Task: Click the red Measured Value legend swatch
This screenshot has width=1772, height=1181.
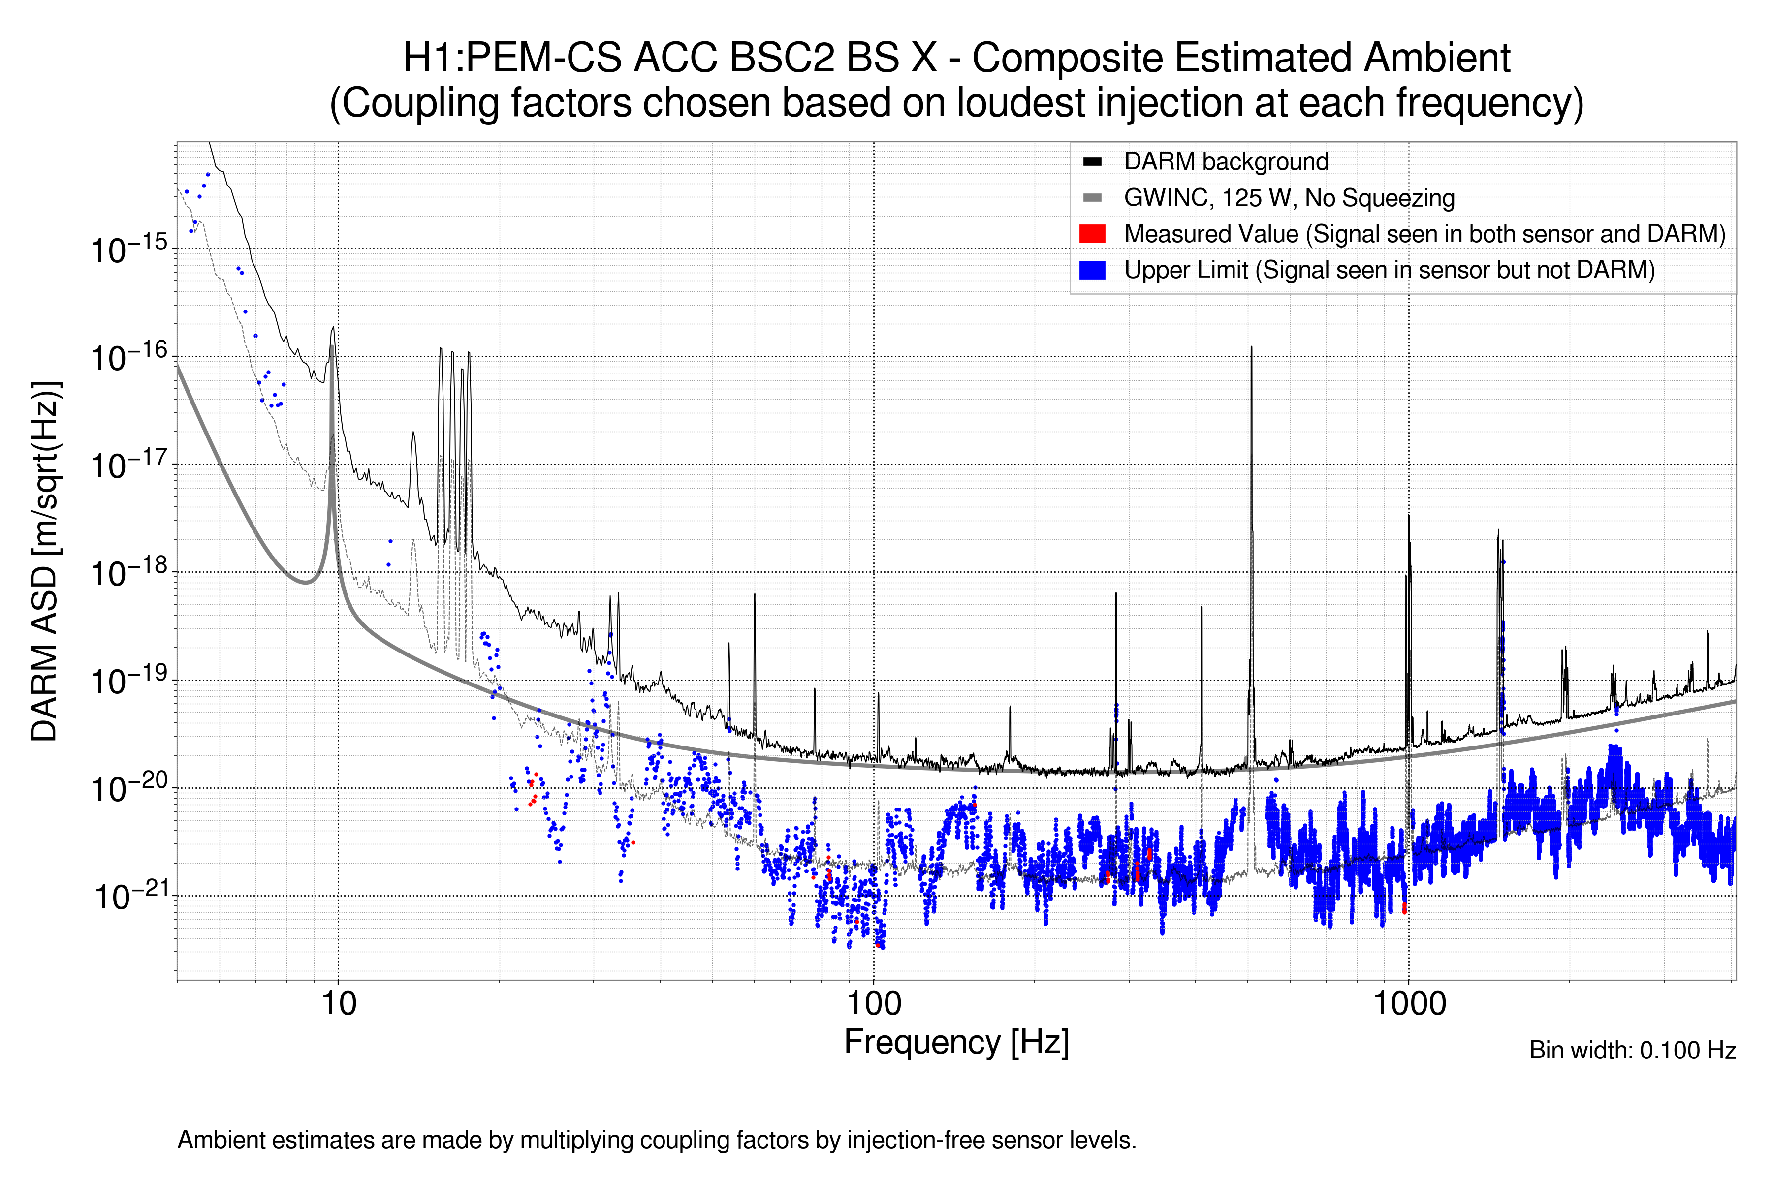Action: (1092, 233)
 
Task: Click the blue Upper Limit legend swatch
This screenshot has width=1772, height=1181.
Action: (1092, 270)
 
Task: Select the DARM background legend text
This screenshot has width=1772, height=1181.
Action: (1226, 161)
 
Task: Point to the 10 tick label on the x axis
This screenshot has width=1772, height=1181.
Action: (338, 1003)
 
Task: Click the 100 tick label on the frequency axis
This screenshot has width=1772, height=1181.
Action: (874, 1003)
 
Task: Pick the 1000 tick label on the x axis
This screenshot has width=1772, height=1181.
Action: (1409, 1003)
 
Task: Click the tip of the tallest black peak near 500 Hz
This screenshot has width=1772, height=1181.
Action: (1251, 347)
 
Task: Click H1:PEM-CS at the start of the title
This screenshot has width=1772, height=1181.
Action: (512, 58)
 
